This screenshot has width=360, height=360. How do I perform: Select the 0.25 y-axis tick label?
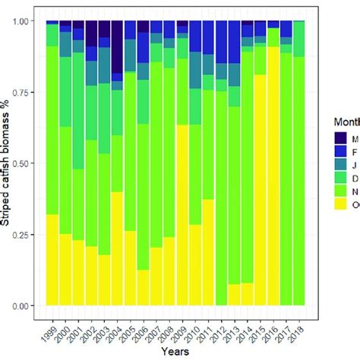click(x=26, y=234)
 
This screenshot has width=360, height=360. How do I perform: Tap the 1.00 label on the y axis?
click(x=26, y=21)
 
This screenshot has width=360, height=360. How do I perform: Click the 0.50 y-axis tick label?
click(x=26, y=163)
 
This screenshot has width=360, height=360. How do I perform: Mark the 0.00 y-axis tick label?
click(x=26, y=305)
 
